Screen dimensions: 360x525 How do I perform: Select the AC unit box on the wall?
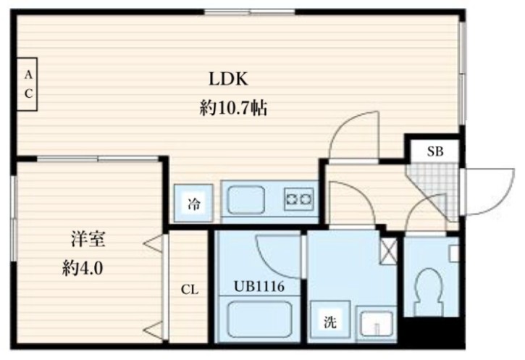(28, 84)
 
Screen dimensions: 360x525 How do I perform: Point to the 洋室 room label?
(84, 240)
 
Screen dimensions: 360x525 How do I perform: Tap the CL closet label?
(189, 290)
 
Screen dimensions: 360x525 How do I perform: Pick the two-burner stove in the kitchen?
(299, 196)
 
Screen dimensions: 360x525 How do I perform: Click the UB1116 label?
(258, 287)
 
